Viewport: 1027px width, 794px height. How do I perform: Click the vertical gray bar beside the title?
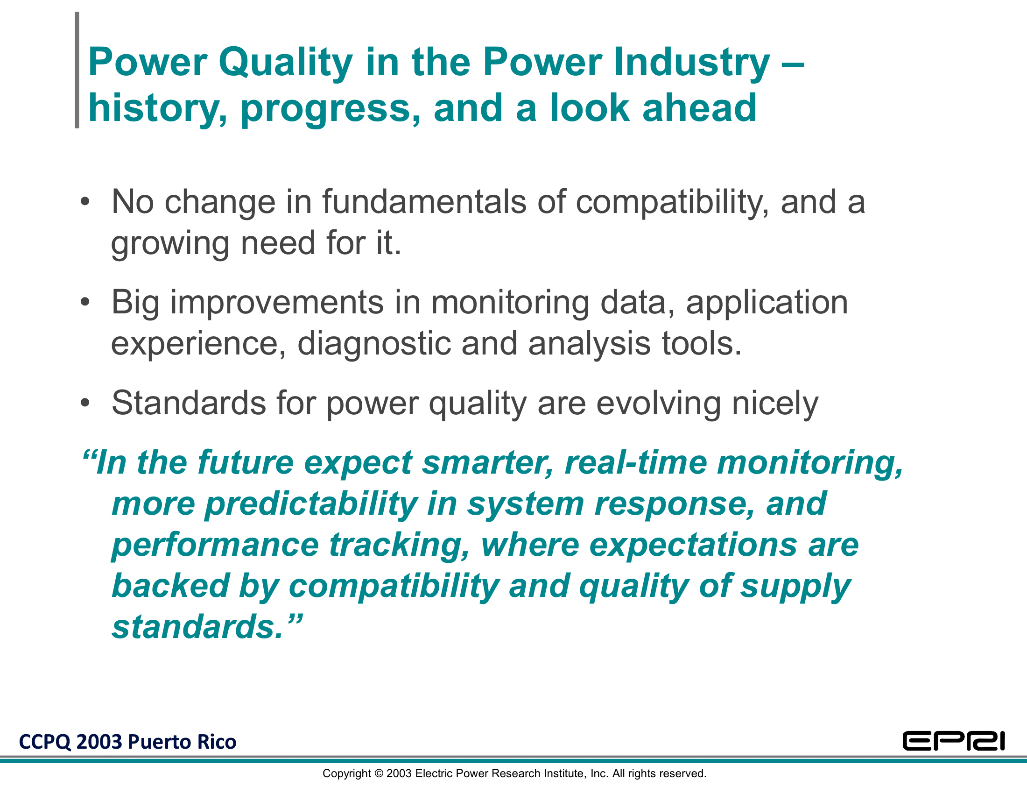(x=77, y=70)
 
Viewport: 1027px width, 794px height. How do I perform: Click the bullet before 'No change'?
(x=84, y=202)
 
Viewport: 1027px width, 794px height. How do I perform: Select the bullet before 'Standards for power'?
(x=84, y=403)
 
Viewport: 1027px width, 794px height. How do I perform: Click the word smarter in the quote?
(x=488, y=463)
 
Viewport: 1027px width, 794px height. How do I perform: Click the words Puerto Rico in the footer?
(x=182, y=742)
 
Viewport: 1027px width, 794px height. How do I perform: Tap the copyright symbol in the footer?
(x=379, y=774)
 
